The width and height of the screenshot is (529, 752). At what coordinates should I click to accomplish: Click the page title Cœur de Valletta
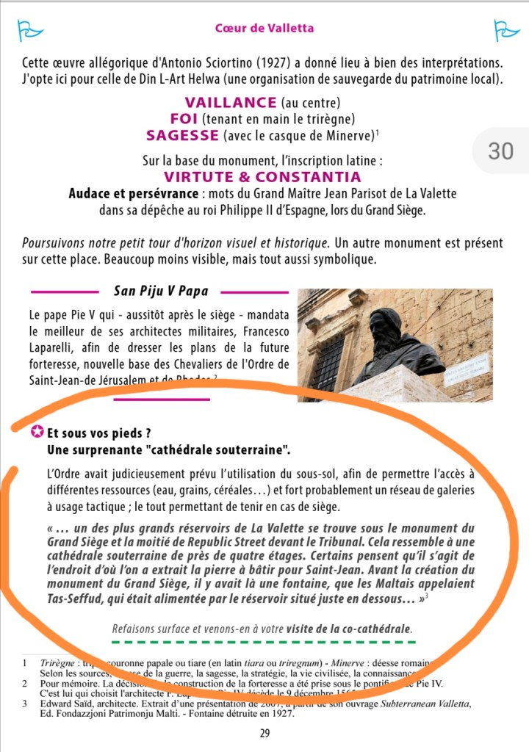(x=264, y=28)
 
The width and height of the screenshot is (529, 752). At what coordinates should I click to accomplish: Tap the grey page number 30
(x=500, y=151)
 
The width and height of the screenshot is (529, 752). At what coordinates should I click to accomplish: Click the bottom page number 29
(x=264, y=733)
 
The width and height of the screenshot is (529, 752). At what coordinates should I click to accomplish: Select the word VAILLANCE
(x=231, y=103)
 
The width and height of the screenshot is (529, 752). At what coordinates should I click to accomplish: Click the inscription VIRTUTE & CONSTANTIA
(x=262, y=177)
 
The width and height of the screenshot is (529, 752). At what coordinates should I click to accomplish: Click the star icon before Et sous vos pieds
(x=36, y=432)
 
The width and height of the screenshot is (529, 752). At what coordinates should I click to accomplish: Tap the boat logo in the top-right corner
(x=506, y=29)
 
